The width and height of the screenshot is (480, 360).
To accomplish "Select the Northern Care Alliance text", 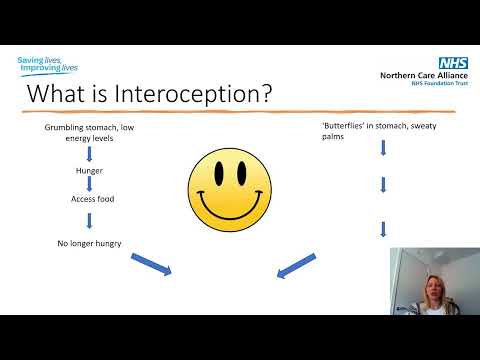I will (418, 74).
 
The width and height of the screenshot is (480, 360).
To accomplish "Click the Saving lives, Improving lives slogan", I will (47, 66).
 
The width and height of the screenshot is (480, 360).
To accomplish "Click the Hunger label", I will (89, 171).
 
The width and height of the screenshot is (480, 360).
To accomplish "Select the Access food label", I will (89, 197).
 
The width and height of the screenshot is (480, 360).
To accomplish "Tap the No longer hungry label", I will (89, 244).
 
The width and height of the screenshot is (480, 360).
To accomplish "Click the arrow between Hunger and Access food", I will (89, 184).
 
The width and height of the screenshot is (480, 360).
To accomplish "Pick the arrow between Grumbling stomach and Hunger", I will (89, 154).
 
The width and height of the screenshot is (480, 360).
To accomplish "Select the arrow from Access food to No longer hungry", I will (89, 220).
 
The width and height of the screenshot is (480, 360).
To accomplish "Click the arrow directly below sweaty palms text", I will (383, 149).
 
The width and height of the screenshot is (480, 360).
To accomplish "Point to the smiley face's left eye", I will (221, 176).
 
